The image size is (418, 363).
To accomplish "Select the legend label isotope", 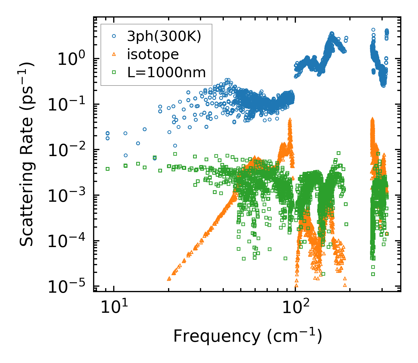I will tap(153, 54).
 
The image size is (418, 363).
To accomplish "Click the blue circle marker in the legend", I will tap(114, 36).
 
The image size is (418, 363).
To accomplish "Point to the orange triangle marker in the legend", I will tap(114, 54).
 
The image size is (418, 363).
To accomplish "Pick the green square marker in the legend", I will tap(114, 72).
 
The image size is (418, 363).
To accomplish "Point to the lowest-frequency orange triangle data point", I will tap(169, 279).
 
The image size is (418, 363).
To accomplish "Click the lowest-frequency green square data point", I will tap(108, 169).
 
